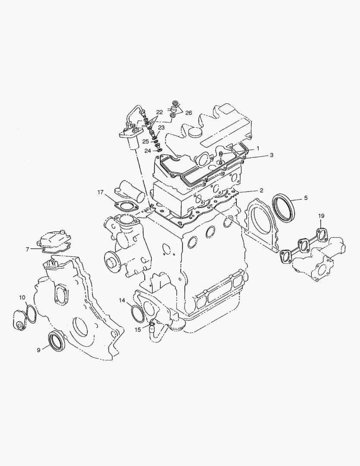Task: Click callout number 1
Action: pyautogui.click(x=258, y=148)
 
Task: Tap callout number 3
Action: pyautogui.click(x=272, y=155)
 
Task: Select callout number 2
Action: pyautogui.click(x=261, y=191)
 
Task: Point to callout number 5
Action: pyautogui.click(x=306, y=198)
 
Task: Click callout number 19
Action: pyautogui.click(x=321, y=216)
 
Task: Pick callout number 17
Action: pyautogui.click(x=100, y=192)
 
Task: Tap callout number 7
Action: pyautogui.click(x=27, y=249)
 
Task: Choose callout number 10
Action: pyautogui.click(x=22, y=297)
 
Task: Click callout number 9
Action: pyautogui.click(x=38, y=350)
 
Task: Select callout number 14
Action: pyautogui.click(x=122, y=300)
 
